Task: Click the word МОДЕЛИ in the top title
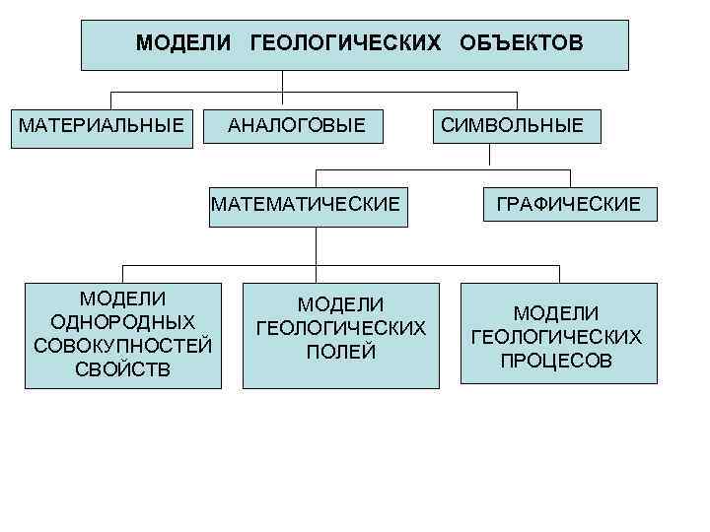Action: click(183, 44)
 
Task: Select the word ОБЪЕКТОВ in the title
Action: click(521, 44)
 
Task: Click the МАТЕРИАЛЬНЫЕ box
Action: click(102, 126)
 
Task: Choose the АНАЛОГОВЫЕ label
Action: click(297, 126)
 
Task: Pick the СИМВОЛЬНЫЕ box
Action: click(512, 126)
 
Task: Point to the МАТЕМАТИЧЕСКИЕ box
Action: click(307, 204)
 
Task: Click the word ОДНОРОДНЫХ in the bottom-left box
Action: click(123, 322)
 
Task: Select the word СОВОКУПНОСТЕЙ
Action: click(123, 346)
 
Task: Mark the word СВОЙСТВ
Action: click(123, 369)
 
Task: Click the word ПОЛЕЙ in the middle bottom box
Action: click(340, 352)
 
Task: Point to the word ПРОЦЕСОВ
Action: click(557, 361)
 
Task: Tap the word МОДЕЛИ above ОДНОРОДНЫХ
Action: click(123, 299)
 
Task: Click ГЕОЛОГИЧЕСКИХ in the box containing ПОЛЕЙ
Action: click(340, 328)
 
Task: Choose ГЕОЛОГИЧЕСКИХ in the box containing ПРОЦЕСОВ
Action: click(557, 337)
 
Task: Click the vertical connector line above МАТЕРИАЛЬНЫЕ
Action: click(110, 100)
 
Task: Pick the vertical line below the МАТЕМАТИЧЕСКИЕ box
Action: click(315, 246)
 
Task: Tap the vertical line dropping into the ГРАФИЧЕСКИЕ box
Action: click(570, 177)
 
